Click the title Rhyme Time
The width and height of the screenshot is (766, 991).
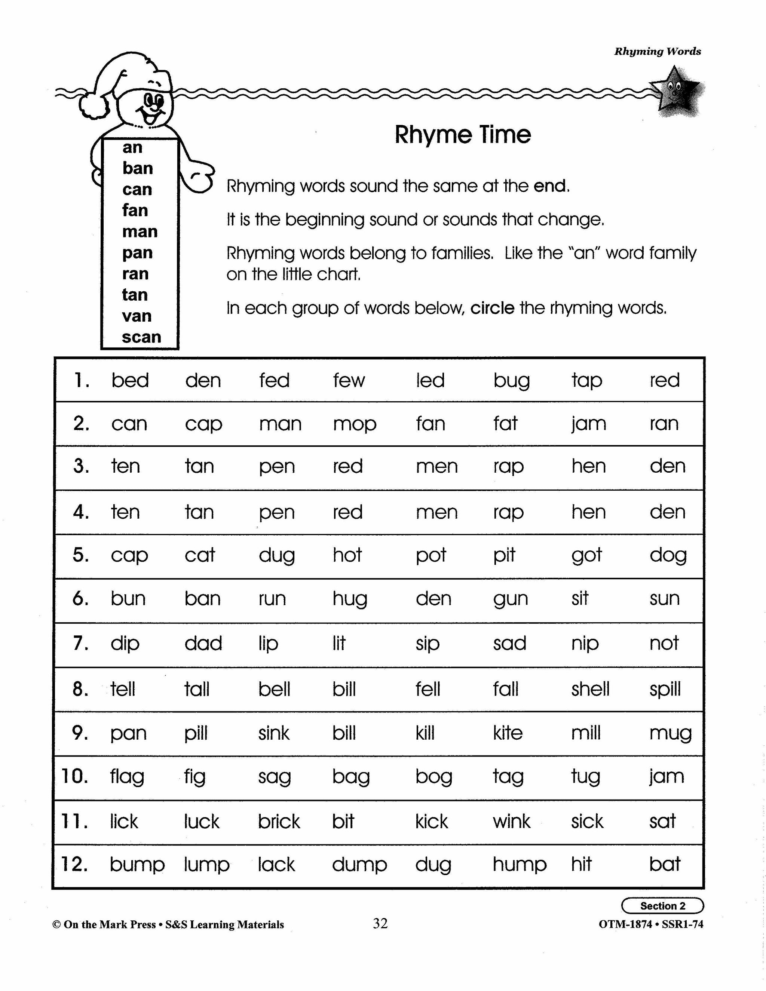[x=462, y=135]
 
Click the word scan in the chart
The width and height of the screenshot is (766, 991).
[x=141, y=337]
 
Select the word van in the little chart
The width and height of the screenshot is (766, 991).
[x=136, y=316]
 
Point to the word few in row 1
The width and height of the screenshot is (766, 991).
[x=349, y=380]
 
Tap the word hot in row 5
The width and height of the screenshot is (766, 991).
[x=347, y=555]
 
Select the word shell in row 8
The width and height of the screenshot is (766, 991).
[x=590, y=689]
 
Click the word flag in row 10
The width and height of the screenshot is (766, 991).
[x=127, y=777]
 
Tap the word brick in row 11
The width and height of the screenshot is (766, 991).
[x=279, y=821]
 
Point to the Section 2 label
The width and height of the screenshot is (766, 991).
[x=662, y=906]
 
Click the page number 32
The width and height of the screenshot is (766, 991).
[x=380, y=923]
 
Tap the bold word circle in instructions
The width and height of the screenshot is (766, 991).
[x=492, y=309]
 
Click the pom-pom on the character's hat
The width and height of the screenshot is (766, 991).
[x=93, y=106]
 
